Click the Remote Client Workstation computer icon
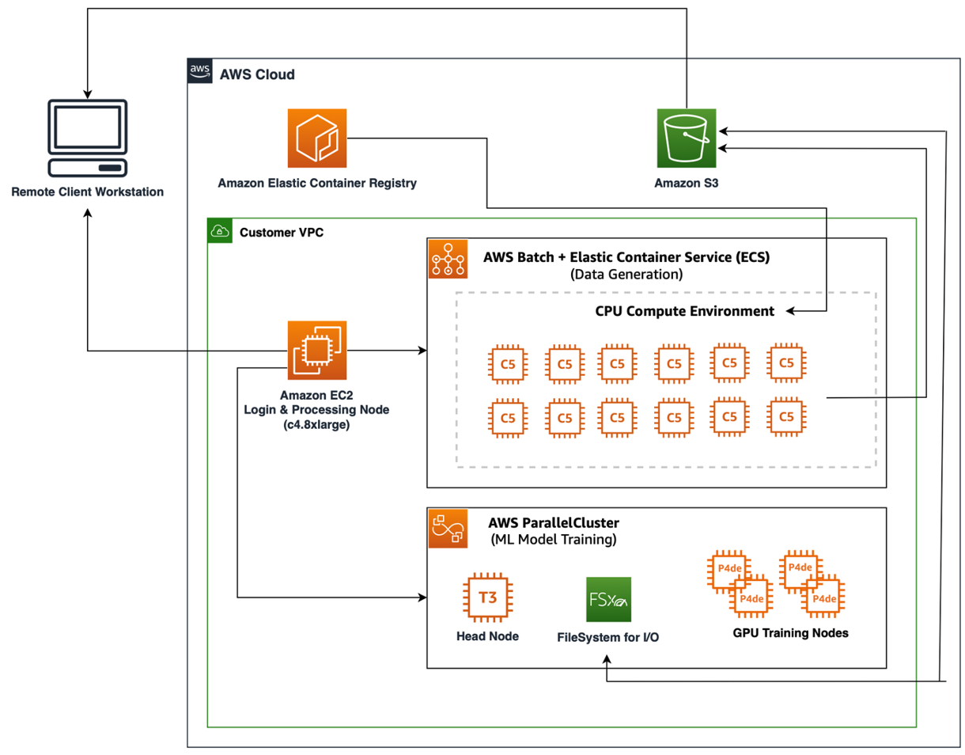87,138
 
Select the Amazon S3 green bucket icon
686,139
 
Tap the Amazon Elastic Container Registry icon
317,139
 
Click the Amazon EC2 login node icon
317,350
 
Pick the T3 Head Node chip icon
486,598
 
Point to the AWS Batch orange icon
448,259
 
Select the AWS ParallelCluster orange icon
448,529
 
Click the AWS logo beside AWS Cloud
200,72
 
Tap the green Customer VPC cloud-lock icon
219,231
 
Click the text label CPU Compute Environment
684,311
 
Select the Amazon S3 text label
686,184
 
